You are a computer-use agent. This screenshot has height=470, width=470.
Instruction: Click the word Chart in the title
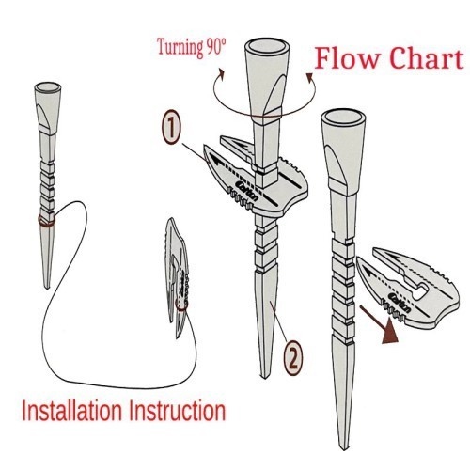(427, 58)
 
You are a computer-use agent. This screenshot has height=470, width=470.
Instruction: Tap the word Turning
(180, 48)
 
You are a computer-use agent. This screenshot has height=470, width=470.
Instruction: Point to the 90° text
(216, 47)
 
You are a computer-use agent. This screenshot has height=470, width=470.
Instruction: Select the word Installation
(71, 411)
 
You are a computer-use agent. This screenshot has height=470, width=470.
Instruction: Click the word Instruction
(178, 411)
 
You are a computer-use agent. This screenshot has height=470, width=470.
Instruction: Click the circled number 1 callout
(171, 127)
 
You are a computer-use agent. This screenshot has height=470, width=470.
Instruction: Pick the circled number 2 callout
(293, 358)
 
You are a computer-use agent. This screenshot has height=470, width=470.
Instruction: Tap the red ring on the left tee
(46, 220)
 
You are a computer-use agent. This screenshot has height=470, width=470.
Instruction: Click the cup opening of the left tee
(48, 86)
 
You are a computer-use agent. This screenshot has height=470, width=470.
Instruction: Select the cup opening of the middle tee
(267, 45)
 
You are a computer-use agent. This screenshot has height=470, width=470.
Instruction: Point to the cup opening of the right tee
(343, 117)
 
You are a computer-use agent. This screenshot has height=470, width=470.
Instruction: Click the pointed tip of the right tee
(344, 450)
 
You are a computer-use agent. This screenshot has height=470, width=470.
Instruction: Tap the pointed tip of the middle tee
(265, 378)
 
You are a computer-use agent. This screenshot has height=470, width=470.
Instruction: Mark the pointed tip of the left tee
(47, 288)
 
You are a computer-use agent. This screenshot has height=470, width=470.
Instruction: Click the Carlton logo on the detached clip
(399, 303)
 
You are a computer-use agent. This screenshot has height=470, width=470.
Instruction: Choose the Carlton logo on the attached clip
(248, 191)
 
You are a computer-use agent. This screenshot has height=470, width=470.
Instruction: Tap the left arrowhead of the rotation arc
(222, 74)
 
